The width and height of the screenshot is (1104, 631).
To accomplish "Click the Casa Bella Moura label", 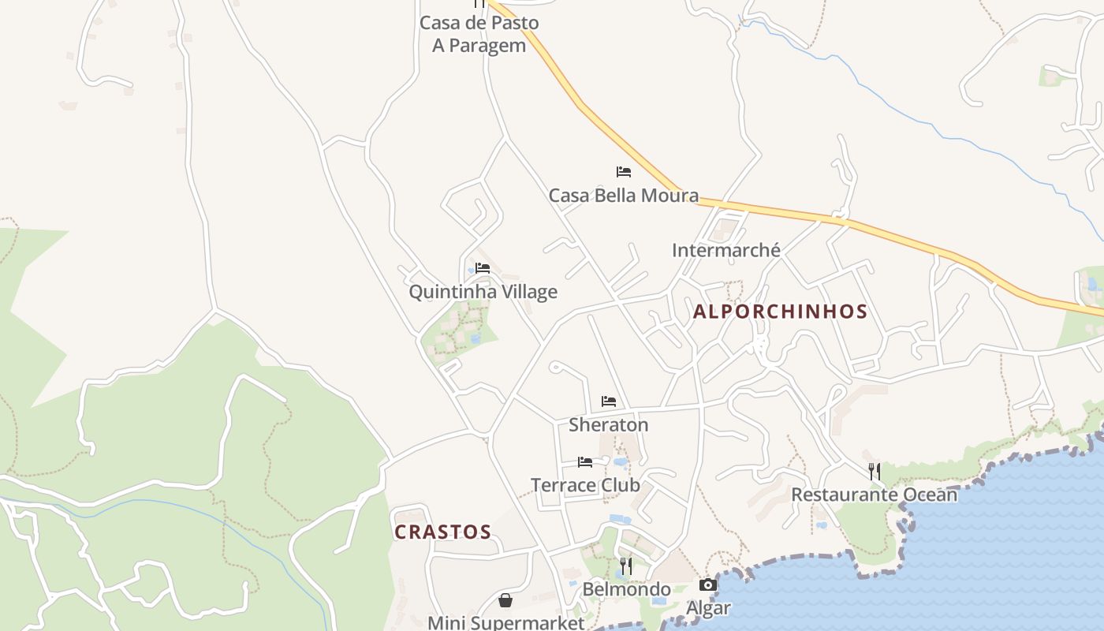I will click(623, 195).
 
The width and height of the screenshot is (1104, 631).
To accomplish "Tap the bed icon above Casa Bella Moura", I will click(624, 171).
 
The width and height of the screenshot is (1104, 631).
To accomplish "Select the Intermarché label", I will click(725, 250).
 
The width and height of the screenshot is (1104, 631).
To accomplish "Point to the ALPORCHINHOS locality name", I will click(780, 312).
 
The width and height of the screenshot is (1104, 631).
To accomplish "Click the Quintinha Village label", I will click(483, 292).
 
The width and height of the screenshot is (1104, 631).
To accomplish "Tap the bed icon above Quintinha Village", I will click(483, 268).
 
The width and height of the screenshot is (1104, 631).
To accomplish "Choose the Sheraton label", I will click(608, 424).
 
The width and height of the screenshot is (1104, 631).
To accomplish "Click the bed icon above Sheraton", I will click(608, 401).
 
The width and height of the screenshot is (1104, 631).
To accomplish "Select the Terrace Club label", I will click(585, 484).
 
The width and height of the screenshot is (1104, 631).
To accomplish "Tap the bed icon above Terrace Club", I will click(584, 462).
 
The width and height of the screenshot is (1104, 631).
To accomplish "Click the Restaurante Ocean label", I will click(874, 495).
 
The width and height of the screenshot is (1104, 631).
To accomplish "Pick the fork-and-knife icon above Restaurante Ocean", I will click(874, 472).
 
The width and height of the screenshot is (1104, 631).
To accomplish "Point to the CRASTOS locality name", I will click(442, 532).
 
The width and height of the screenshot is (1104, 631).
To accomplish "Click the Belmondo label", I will click(626, 589).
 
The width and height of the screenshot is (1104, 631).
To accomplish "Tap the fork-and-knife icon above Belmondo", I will click(625, 566).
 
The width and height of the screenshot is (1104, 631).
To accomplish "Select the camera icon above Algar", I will click(707, 584).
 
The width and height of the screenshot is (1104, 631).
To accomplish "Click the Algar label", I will click(707, 608).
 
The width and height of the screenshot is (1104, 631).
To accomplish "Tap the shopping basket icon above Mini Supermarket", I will click(505, 601).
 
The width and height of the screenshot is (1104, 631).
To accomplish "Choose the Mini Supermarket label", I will click(505, 622).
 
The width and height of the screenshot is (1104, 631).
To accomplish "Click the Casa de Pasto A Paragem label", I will click(479, 34).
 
